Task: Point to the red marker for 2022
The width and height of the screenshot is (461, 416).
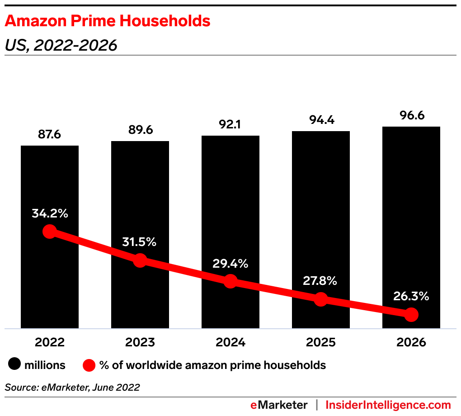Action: coord(49,232)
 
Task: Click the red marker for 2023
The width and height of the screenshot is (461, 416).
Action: coord(140,260)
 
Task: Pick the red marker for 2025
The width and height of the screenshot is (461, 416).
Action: coord(320,299)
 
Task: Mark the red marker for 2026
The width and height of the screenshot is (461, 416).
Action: coord(411,314)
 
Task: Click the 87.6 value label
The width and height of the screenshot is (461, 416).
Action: coord(50,135)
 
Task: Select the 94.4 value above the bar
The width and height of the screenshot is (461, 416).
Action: coord(321,120)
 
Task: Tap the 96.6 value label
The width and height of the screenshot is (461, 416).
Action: coord(411,116)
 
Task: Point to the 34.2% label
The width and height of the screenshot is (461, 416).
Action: coord(50,213)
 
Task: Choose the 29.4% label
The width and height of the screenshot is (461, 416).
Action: coord(230,264)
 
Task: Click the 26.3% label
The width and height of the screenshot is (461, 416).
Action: coord(411,297)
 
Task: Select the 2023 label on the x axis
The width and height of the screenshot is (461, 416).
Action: coord(140,342)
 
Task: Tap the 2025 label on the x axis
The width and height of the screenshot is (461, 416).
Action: coord(321,342)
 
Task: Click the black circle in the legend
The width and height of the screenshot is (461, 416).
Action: coord(15,365)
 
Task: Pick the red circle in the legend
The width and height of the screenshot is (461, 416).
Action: coord(89,365)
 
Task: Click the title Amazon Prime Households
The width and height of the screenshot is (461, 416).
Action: coord(108,21)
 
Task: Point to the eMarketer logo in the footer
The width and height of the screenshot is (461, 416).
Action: coord(279,405)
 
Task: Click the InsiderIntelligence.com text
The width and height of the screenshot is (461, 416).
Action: coord(388,405)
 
